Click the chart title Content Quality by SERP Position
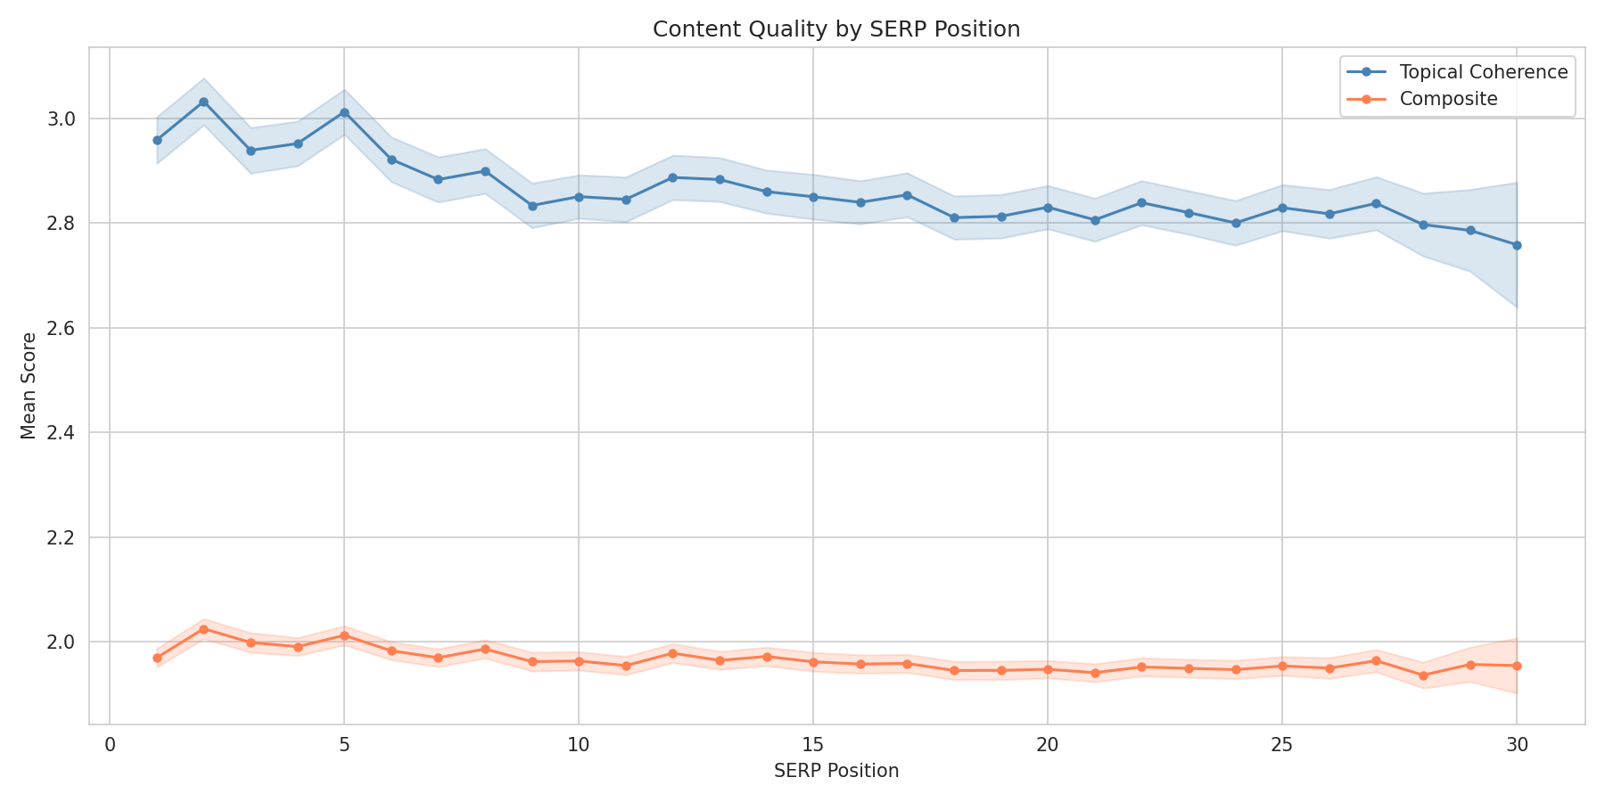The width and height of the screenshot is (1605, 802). tap(835, 29)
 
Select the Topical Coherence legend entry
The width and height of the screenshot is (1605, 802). tap(1483, 72)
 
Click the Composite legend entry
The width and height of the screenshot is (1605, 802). tap(1448, 99)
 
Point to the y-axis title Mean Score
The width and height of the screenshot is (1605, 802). tap(29, 385)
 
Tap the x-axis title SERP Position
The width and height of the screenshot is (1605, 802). tap(835, 772)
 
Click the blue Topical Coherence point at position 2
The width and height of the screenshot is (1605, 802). tap(203, 102)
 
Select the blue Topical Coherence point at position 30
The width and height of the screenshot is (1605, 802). tap(1517, 245)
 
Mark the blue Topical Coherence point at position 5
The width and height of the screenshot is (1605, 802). tap(344, 112)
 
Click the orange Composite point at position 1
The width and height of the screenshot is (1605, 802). tap(157, 658)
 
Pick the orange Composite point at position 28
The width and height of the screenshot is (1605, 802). tap(1423, 675)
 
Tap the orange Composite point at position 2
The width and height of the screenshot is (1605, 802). tap(203, 629)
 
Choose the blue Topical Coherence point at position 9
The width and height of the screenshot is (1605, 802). tap(532, 206)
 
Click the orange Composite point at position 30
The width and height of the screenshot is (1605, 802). tap(1517, 666)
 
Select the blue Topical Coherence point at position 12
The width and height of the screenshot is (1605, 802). tap(672, 177)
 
